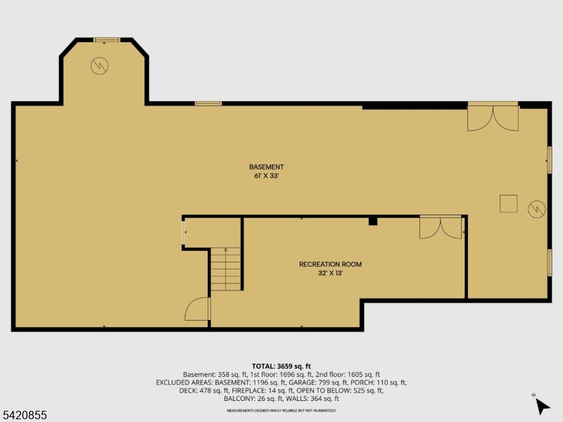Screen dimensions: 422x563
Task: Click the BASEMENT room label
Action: tap(266, 167)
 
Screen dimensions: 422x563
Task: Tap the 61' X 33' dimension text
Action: tap(267, 176)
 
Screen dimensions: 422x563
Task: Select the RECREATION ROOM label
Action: tap(330, 264)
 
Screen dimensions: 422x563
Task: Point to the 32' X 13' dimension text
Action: tap(330, 274)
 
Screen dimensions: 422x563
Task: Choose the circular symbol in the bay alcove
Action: tap(99, 66)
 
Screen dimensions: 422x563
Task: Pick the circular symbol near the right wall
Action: tap(536, 208)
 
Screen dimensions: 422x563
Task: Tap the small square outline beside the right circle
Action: tap(509, 203)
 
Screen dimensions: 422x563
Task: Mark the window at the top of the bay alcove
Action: tap(107, 39)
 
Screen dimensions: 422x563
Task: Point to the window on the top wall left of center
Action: tap(208, 103)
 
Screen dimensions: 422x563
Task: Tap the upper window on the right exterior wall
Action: tap(550, 159)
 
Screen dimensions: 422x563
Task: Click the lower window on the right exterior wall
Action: tap(550, 262)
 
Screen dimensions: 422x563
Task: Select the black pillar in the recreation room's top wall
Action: tap(373, 221)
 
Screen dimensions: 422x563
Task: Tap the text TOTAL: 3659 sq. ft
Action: tap(281, 366)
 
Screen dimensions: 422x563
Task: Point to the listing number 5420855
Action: tap(24, 415)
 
